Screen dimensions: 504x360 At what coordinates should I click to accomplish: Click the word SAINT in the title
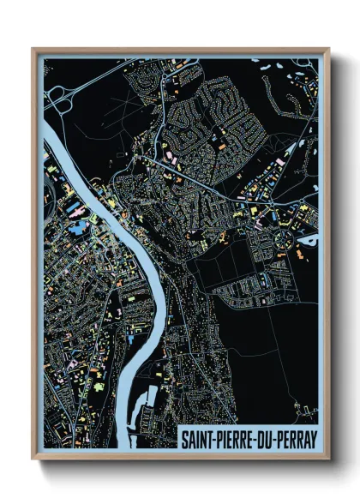tap(195, 437)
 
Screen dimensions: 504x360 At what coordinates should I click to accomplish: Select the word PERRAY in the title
tap(291, 437)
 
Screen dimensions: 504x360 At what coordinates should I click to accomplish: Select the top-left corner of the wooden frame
tap(34, 50)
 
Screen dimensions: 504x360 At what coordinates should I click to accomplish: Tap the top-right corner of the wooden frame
tap(327, 50)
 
